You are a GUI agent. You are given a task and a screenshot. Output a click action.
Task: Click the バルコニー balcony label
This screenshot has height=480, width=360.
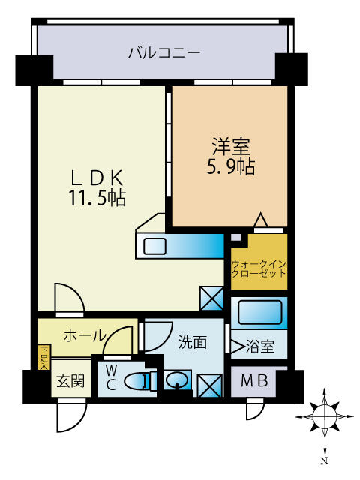pyautogui.click(x=163, y=53)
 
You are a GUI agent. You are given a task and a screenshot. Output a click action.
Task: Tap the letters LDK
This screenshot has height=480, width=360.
pyautogui.click(x=97, y=178)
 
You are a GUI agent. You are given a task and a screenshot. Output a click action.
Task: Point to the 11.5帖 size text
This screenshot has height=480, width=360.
pyautogui.click(x=97, y=198)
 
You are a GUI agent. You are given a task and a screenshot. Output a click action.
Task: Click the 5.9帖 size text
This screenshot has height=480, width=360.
pyautogui.click(x=229, y=166)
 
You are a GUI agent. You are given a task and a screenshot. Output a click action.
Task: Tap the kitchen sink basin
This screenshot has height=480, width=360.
pyautogui.click(x=157, y=246)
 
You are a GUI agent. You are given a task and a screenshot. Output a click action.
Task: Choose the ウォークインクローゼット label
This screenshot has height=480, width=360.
pyautogui.click(x=259, y=269)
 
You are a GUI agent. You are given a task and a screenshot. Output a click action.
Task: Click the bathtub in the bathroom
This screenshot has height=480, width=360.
pyautogui.click(x=258, y=311)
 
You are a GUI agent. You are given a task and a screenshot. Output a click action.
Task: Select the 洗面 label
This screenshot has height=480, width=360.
pyautogui.click(x=192, y=343)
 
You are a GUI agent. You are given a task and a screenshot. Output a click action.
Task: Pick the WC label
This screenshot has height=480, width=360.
pyautogui.click(x=110, y=377)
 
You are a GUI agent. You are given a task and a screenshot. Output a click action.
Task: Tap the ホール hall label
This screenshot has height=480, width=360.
pyautogui.click(x=83, y=335)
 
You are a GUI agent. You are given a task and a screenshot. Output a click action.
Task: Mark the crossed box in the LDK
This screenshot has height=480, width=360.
pyautogui.click(x=211, y=299)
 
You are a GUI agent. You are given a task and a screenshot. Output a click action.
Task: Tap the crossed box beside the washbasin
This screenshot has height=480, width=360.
pyautogui.click(x=210, y=385)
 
